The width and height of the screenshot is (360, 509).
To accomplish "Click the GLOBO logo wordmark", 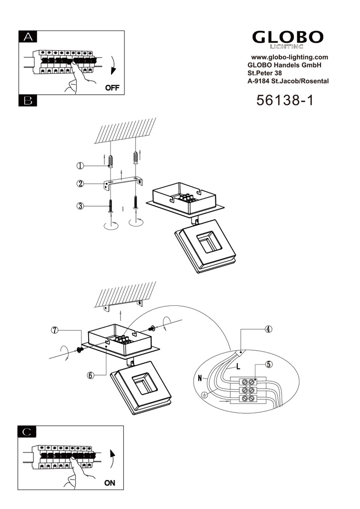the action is pos(288,37).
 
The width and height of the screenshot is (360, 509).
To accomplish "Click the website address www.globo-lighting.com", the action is pos(290,57).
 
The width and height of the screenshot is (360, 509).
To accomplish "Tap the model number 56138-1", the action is pos(285,100).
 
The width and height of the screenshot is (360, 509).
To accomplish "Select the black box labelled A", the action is pos(28,37).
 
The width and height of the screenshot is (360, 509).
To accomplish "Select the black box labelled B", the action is pos(28,101).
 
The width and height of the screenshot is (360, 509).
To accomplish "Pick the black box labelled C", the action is pos(27,432).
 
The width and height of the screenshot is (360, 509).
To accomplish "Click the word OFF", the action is pos(113,88).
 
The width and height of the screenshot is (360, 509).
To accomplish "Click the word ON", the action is pos(109,483).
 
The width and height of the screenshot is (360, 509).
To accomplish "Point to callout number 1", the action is pos(80,166).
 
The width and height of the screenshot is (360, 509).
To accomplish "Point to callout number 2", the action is pos(80,184).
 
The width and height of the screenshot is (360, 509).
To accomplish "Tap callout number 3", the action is pos(80,206).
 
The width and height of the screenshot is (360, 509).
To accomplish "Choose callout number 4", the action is pos(268,329).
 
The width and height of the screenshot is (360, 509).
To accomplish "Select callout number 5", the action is pos(268,364).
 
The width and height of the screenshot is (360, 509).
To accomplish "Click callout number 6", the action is pos(91,375).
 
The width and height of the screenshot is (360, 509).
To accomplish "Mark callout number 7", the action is pos(55,330).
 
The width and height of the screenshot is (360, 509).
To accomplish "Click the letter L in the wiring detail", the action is pos(238,366).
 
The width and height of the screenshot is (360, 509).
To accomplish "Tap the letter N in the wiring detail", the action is pos(200,378).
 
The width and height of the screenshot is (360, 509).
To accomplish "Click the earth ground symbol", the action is pos(205,395).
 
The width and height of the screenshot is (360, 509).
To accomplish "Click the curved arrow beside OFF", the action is pos(113,66).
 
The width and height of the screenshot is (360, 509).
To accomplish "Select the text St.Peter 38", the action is pos(265,73).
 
